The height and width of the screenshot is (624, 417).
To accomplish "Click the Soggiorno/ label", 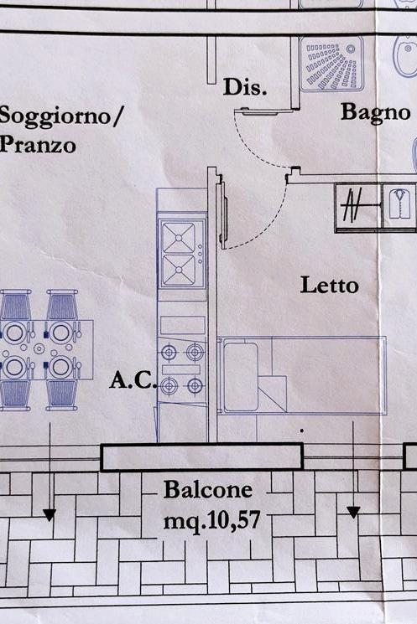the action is click(x=60, y=116).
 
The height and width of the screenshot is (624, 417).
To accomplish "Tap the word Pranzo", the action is click(x=38, y=144).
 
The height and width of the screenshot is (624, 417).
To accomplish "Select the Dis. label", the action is click(x=245, y=87).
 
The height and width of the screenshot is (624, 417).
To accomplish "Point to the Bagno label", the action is click(x=376, y=112).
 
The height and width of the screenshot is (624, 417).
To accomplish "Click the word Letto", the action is click(x=329, y=286).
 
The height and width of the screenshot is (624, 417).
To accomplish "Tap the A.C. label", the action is click(x=133, y=380).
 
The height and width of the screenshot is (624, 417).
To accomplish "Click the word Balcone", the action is click(x=208, y=489).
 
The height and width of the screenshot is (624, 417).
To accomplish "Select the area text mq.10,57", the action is click(x=211, y=520).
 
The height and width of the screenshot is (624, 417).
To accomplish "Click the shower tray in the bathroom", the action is click(x=331, y=64).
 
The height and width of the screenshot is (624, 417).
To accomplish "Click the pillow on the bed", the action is click(x=241, y=376).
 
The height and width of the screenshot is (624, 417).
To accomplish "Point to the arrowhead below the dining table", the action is click(x=50, y=515).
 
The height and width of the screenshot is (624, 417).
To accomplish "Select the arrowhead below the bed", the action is click(x=353, y=512).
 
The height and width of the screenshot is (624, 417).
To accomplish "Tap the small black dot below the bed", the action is click(x=302, y=431).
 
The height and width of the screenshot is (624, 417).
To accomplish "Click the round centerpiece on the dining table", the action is click(x=39, y=349).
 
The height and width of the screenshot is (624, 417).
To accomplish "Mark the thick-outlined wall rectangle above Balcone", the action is click(x=201, y=457).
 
